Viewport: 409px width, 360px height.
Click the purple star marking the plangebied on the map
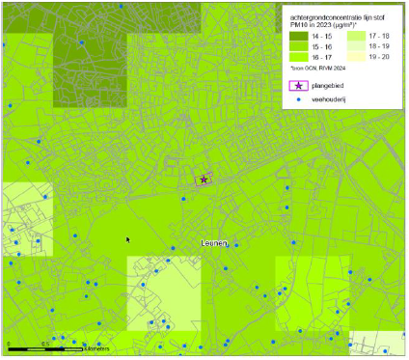204,179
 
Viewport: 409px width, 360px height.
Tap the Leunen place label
215,244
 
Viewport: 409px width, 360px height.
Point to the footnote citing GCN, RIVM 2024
317,69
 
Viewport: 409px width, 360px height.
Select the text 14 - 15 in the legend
323,36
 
